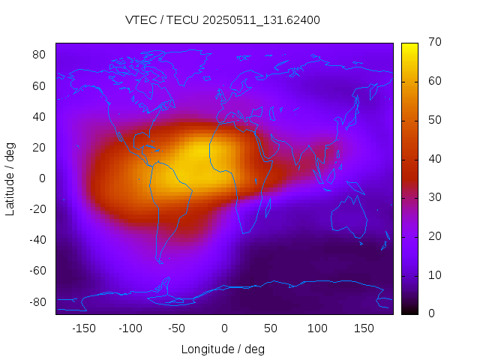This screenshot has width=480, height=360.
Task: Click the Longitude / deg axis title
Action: click(x=223, y=349)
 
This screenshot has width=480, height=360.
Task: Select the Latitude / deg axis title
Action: click(x=10, y=178)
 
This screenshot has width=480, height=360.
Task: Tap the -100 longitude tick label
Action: click(x=130, y=328)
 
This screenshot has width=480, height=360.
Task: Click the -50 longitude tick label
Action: click(x=177, y=328)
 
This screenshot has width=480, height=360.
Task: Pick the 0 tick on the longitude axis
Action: click(x=223, y=328)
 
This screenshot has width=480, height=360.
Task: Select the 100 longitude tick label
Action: click(x=317, y=328)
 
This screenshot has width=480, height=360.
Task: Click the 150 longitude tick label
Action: click(x=364, y=328)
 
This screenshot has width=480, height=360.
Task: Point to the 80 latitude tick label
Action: click(x=39, y=55)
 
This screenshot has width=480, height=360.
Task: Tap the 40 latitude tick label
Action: click(x=39, y=116)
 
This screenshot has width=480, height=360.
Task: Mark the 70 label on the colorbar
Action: click(x=433, y=42)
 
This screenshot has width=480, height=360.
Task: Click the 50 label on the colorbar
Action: click(x=433, y=120)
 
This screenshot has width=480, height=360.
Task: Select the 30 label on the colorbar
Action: click(x=433, y=197)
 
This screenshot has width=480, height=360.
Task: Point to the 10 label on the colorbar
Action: click(x=433, y=275)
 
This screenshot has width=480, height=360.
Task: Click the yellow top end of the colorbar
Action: click(x=409, y=46)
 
